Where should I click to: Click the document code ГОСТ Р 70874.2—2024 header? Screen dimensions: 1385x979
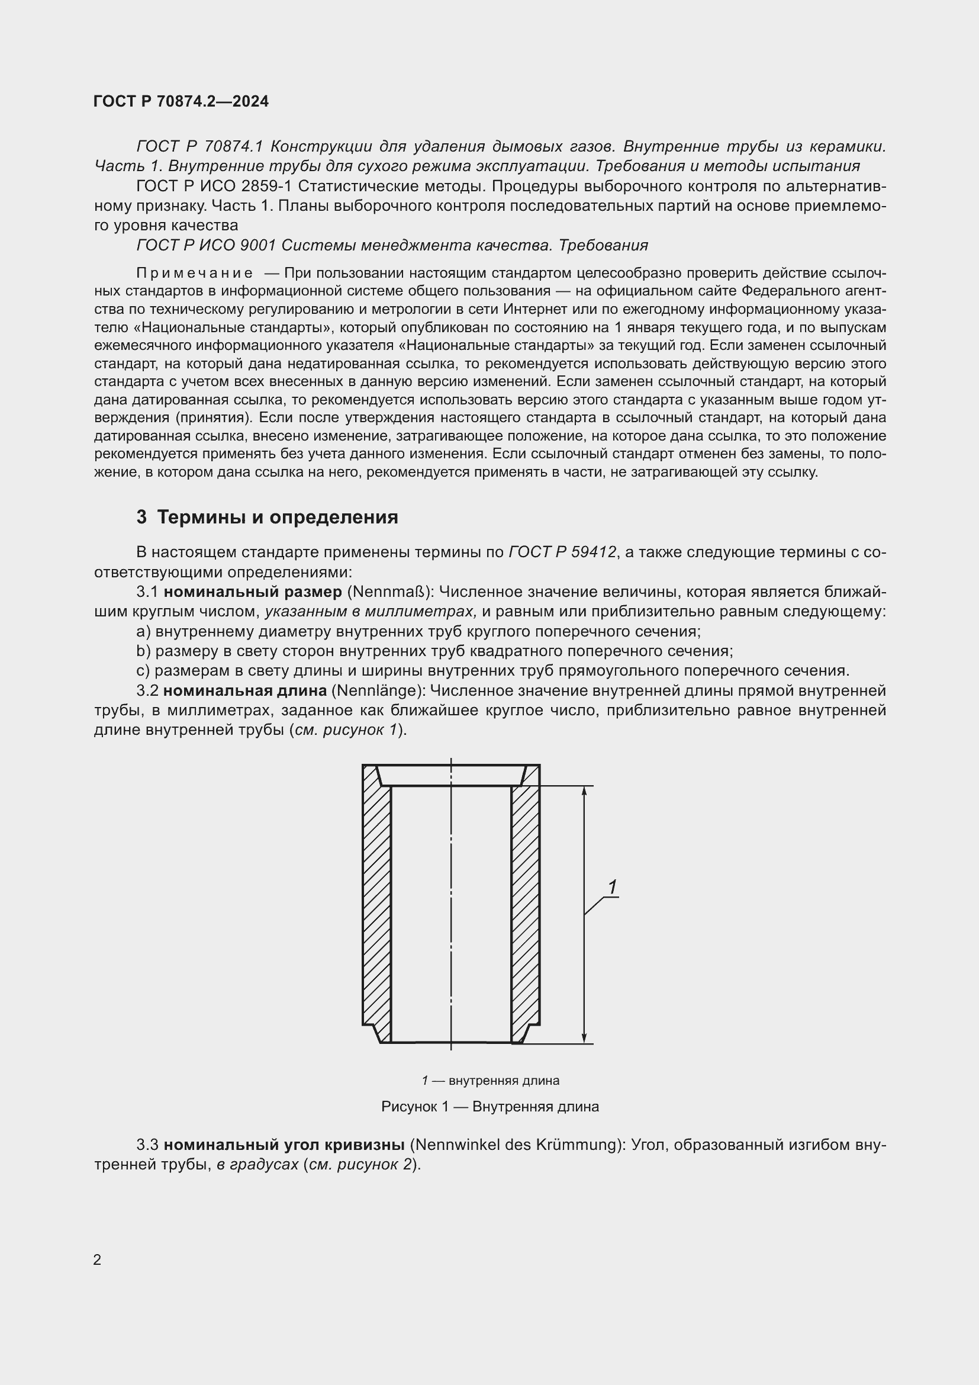point(181,101)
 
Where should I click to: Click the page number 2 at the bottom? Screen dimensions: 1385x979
point(97,1259)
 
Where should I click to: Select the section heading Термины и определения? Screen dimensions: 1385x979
point(276,517)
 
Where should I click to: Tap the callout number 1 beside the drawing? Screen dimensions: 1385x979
point(613,888)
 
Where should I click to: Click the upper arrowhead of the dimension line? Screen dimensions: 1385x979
point(584,792)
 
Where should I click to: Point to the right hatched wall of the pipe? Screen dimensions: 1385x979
point(525,905)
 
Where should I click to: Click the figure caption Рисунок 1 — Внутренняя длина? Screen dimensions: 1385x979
point(489,1106)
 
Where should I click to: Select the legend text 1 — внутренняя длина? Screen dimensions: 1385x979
point(490,1081)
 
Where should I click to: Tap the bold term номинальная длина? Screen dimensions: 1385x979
point(246,690)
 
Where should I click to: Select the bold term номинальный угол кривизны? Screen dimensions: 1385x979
point(284,1145)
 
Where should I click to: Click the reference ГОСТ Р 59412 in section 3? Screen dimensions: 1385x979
point(562,552)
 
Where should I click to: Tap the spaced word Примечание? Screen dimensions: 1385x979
point(195,273)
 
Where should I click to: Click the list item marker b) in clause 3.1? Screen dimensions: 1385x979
point(143,651)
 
